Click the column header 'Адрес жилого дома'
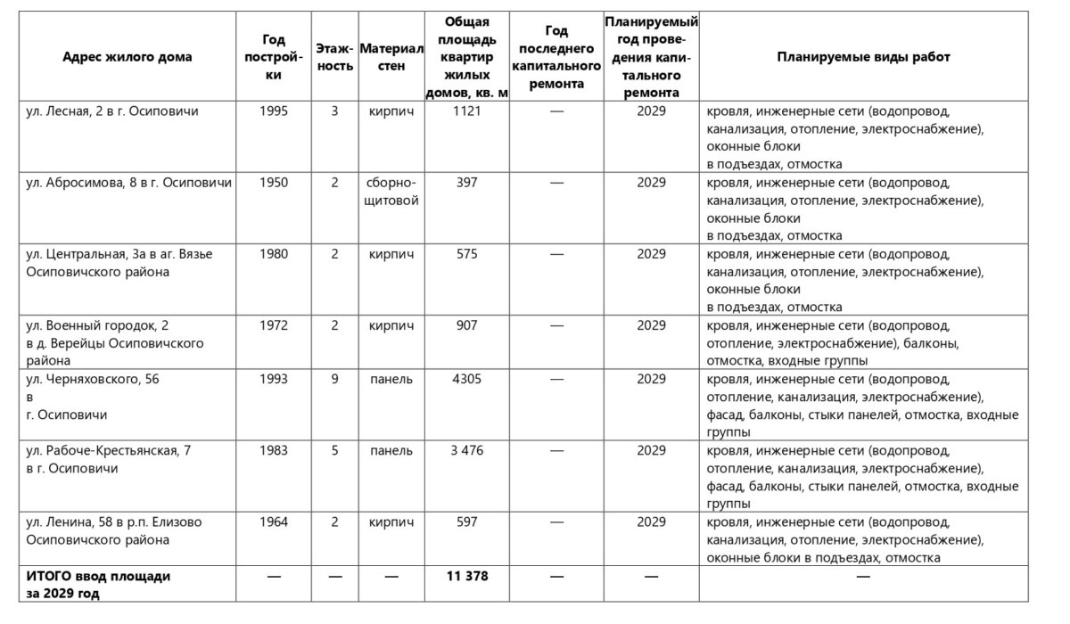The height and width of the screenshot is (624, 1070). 128,57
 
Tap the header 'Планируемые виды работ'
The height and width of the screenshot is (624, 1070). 863,57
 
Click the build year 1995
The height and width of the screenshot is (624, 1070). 274,111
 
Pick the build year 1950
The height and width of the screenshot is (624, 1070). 274,183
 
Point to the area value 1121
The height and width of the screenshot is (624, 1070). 466,111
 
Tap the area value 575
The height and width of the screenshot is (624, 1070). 466,254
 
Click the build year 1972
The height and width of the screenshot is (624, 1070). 274,325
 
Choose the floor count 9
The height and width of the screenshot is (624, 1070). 334,379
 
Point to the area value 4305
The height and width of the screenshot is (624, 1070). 466,379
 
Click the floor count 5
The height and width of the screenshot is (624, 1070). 334,451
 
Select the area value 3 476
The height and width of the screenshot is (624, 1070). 466,451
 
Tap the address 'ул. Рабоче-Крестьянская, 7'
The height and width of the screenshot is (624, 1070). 108,451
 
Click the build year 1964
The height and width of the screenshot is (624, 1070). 274,522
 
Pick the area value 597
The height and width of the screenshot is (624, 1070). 466,522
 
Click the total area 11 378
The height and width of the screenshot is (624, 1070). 466,577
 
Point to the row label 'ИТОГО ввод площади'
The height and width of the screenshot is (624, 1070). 98,577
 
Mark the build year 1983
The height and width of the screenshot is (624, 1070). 274,451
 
